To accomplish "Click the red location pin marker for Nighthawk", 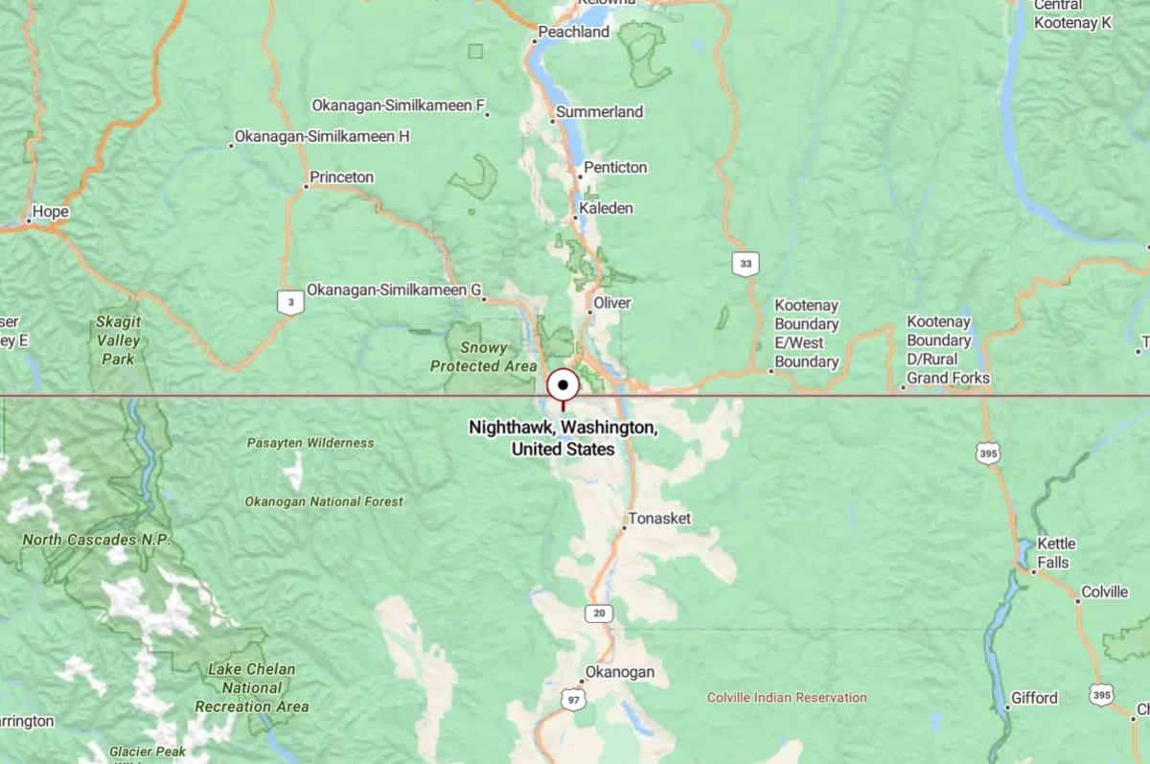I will (x=563, y=386).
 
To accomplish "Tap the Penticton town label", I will (x=617, y=168).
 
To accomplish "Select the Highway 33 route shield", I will (x=745, y=263).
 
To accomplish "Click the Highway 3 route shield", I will (x=290, y=303).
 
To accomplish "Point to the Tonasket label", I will (x=662, y=519).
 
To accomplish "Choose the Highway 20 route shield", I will (x=600, y=613).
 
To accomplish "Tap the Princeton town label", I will (x=342, y=177).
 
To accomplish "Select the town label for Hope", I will (x=51, y=212).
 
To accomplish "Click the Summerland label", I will (x=600, y=112).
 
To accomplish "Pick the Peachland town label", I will (x=573, y=32).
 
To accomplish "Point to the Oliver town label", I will (x=612, y=302).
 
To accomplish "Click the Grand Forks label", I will (x=948, y=378).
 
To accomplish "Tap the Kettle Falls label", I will (x=1056, y=553).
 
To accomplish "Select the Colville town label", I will (x=1104, y=592).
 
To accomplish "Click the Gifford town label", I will (x=1034, y=698).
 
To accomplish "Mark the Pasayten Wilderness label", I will (x=310, y=443).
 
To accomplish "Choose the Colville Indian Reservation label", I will (x=787, y=697).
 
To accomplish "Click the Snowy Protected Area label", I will (x=484, y=357).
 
